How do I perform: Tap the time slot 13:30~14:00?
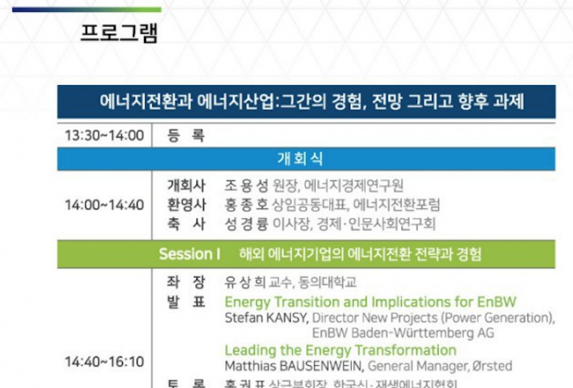click(x=104, y=136)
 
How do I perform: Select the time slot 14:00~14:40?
click(x=104, y=205)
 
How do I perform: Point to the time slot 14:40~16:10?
click(x=104, y=361)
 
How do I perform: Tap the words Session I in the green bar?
click(x=189, y=255)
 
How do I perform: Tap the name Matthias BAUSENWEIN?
click(x=294, y=366)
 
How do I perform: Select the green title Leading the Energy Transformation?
click(x=340, y=350)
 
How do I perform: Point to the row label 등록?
click(x=185, y=136)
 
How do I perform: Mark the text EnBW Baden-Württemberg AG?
click(x=403, y=333)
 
